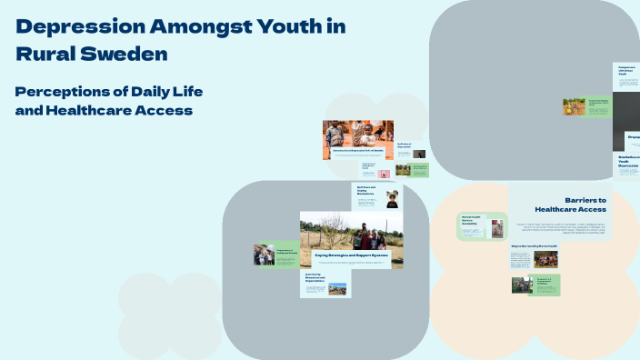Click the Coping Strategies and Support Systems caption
coord(351,256)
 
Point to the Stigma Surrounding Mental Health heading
coord(534,245)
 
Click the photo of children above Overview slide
coord(358,133)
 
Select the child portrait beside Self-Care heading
coord(392,199)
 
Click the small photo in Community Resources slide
coord(337,289)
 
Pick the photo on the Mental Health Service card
coord(497,228)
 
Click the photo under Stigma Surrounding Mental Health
coord(546,259)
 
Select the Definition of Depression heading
coord(405,145)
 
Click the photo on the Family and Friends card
coord(264,255)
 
